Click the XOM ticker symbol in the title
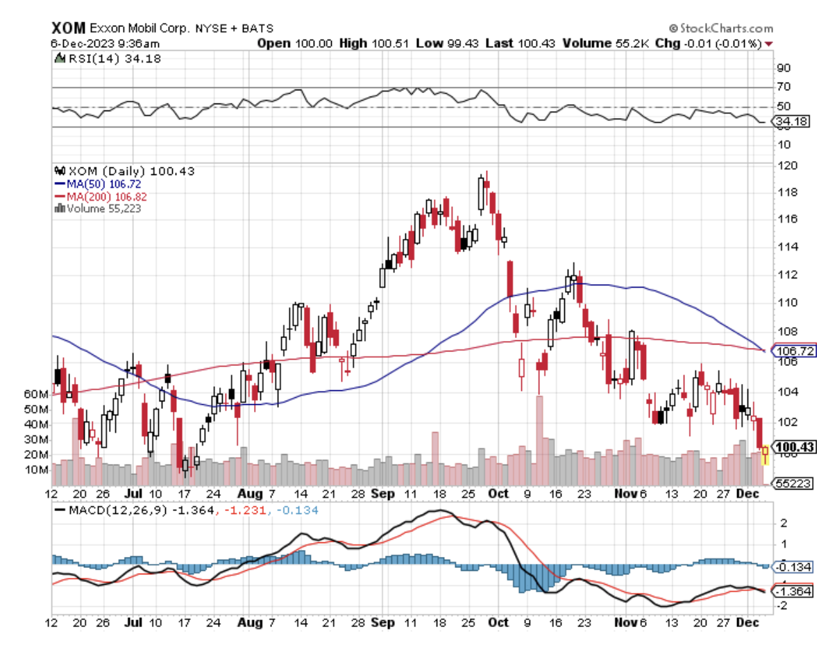click(x=68, y=28)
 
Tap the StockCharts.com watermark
click(x=721, y=28)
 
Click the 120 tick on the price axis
click(x=786, y=166)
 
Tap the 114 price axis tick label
click(x=786, y=247)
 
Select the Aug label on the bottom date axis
click(x=251, y=623)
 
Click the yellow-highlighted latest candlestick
click(x=765, y=455)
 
